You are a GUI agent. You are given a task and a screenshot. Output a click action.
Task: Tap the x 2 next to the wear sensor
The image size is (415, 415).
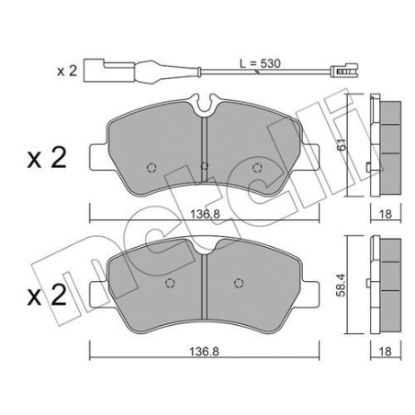(x=68, y=69)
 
